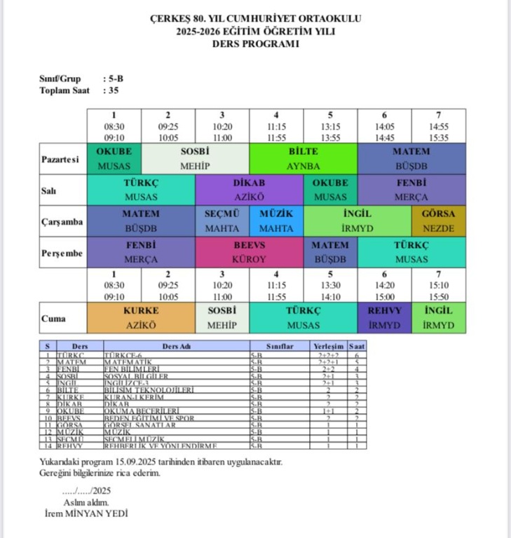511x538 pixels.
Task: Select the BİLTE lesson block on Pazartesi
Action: (303, 158)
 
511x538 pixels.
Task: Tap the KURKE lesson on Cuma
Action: (141, 317)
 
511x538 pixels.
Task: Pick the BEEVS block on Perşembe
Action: (249, 252)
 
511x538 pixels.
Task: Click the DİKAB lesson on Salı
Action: (249, 190)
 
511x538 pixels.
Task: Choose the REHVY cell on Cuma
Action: (384, 317)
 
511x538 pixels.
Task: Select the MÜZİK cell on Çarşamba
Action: (276, 221)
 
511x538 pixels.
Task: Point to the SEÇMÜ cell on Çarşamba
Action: (222, 221)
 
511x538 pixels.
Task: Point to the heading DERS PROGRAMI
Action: (255, 43)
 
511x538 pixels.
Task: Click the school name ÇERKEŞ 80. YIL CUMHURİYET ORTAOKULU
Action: (255, 18)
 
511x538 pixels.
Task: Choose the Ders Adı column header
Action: (176, 346)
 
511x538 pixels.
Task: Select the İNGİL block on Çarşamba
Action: (357, 221)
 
